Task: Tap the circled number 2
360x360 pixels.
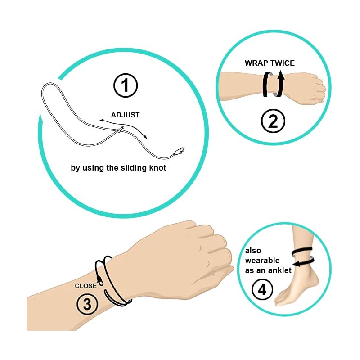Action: point(273,121)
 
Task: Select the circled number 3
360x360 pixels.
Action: point(87,304)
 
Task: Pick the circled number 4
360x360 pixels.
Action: point(262,289)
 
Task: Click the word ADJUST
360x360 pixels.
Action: point(125,115)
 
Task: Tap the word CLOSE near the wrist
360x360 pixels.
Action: point(85,286)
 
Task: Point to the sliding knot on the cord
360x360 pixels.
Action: point(120,130)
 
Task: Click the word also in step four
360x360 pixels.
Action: point(253,251)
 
